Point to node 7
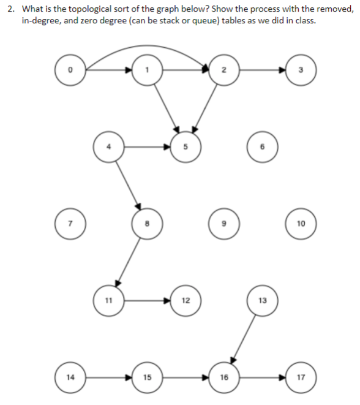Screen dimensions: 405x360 click(x=69, y=223)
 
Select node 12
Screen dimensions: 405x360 click(x=186, y=300)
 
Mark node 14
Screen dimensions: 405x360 click(x=69, y=377)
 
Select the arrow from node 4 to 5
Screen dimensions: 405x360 click(x=147, y=147)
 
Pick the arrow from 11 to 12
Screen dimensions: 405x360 click(x=147, y=300)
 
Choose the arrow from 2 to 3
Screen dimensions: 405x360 click(x=263, y=70)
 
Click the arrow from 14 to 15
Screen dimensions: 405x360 click(x=108, y=377)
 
